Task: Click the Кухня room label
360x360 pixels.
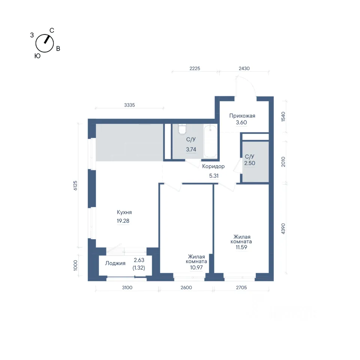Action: coord(124,212)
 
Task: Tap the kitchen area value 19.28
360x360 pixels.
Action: coord(123,221)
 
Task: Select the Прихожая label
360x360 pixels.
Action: coord(242,116)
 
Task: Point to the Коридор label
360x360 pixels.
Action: coord(213,166)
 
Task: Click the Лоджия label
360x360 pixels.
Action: coord(115,263)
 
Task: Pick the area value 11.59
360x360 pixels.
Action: coord(241,247)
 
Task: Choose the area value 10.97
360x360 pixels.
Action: coord(196,267)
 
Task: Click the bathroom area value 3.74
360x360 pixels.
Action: coord(191,150)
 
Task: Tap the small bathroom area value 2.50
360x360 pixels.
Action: coord(250,163)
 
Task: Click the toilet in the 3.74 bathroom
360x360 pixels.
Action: coord(183,129)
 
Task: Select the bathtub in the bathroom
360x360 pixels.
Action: coord(210,141)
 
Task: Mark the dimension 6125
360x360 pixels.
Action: coord(75,186)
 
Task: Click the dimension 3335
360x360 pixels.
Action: coord(129,105)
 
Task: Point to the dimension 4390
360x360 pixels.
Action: coord(283,229)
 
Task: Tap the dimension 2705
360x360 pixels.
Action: coord(241,288)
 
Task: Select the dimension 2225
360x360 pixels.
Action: coord(195,68)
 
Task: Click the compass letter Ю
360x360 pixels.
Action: coord(37,56)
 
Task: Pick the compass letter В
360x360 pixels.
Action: coord(58,49)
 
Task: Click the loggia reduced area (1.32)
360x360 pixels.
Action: coord(139,268)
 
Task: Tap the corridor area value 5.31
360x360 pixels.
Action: coord(214,176)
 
